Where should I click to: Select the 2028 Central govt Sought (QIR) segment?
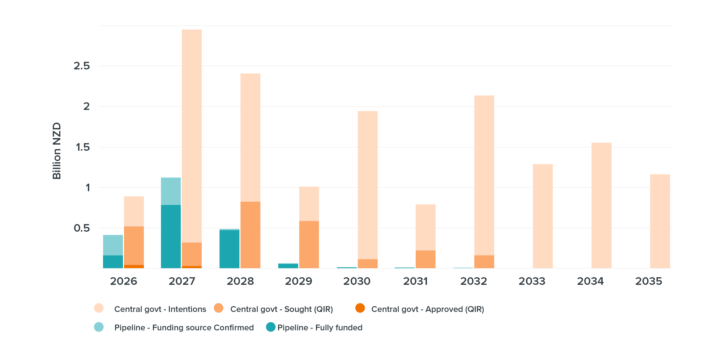[x=250, y=235]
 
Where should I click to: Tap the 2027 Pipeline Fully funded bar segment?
[x=171, y=236]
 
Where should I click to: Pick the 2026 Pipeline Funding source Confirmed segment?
[x=113, y=245]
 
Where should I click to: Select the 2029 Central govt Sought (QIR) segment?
[x=309, y=244]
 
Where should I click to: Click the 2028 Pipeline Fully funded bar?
[x=229, y=249]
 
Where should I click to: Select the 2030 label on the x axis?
[x=357, y=281]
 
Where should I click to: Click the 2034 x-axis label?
[x=590, y=281]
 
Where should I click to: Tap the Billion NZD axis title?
[x=57, y=151]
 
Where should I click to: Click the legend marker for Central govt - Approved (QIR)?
[x=360, y=308]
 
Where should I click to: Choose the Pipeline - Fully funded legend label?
[x=320, y=327]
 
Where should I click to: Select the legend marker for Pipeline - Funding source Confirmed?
[x=99, y=327]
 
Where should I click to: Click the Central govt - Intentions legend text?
[x=160, y=309]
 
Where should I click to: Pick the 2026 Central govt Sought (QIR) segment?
[x=134, y=245]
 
